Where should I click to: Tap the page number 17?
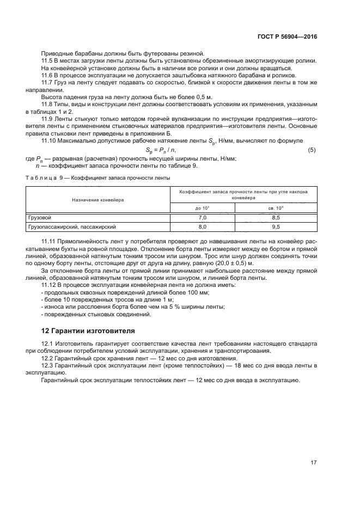click(313, 463)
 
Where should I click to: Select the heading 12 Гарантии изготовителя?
click(88, 330)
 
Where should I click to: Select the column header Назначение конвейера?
click(98, 200)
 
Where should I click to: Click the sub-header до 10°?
click(203, 208)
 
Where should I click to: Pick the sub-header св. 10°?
click(276, 208)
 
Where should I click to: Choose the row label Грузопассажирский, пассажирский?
click(72, 226)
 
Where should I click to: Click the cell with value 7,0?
click(203, 217)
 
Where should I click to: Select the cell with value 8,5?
click(276, 217)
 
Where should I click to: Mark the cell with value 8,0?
click(203, 226)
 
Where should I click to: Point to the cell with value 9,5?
click(276, 226)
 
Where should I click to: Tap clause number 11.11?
click(50, 240)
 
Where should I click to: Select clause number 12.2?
click(48, 359)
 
